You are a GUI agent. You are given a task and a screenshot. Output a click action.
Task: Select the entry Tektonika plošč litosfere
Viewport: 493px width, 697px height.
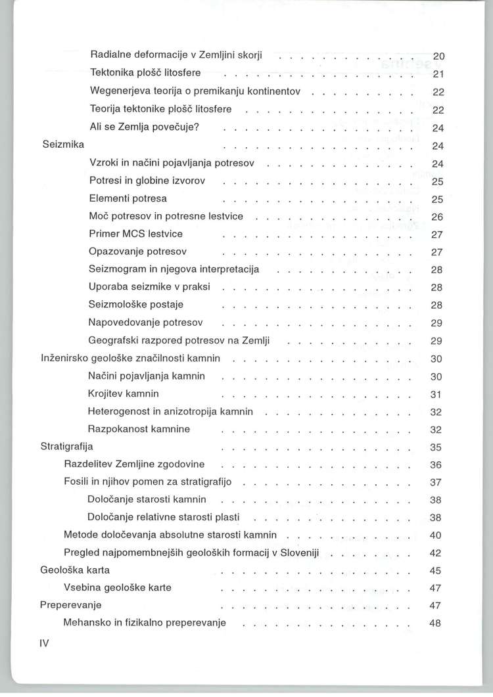pos(145,72)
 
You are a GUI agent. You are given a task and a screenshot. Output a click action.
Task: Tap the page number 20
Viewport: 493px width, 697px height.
pos(440,56)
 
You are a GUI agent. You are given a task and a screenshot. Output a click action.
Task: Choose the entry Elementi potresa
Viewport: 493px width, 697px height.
pos(128,198)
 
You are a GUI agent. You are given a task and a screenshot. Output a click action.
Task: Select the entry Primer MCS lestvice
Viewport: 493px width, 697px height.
pos(135,234)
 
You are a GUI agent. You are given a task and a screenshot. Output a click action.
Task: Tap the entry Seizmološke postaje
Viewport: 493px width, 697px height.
pos(135,305)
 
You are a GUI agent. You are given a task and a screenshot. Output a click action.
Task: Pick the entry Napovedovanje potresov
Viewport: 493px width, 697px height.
pos(145,323)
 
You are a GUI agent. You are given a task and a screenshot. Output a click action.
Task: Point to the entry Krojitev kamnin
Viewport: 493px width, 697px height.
pos(123,394)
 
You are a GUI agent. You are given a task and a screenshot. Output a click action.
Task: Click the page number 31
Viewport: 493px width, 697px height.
pos(435,395)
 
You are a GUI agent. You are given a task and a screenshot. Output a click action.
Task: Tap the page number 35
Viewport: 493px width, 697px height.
pos(435,448)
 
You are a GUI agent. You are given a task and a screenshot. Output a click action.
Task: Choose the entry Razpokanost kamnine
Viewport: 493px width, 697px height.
pos(139,430)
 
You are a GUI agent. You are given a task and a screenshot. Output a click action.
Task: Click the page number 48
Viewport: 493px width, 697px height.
pos(434,623)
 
